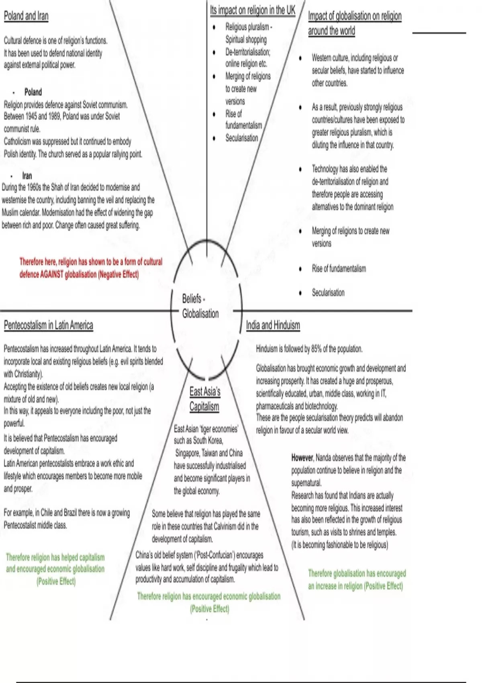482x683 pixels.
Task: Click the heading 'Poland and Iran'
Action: (x=26, y=16)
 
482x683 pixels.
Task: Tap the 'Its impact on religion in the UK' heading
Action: (x=252, y=10)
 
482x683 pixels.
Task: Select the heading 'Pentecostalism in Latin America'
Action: (x=48, y=325)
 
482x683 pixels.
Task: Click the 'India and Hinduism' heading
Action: (x=273, y=325)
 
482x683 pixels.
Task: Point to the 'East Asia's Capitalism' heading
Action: (x=205, y=399)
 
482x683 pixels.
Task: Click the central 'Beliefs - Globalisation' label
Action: (x=200, y=306)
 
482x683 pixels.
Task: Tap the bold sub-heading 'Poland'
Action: (x=33, y=92)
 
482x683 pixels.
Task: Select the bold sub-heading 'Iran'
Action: (x=27, y=176)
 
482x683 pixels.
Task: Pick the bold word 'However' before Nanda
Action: (x=302, y=458)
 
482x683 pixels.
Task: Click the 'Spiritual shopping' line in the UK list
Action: (x=246, y=39)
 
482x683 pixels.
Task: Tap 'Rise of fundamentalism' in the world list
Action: (x=339, y=268)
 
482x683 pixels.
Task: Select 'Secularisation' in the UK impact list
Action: (x=241, y=138)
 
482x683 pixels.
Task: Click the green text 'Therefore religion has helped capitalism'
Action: (x=55, y=557)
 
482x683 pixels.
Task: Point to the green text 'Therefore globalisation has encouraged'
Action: (x=357, y=573)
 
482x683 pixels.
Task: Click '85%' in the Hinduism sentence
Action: (x=317, y=349)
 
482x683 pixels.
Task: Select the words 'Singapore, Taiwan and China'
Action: (x=209, y=453)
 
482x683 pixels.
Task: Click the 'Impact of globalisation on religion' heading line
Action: (x=355, y=16)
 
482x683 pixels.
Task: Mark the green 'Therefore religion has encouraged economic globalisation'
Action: (x=208, y=596)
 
